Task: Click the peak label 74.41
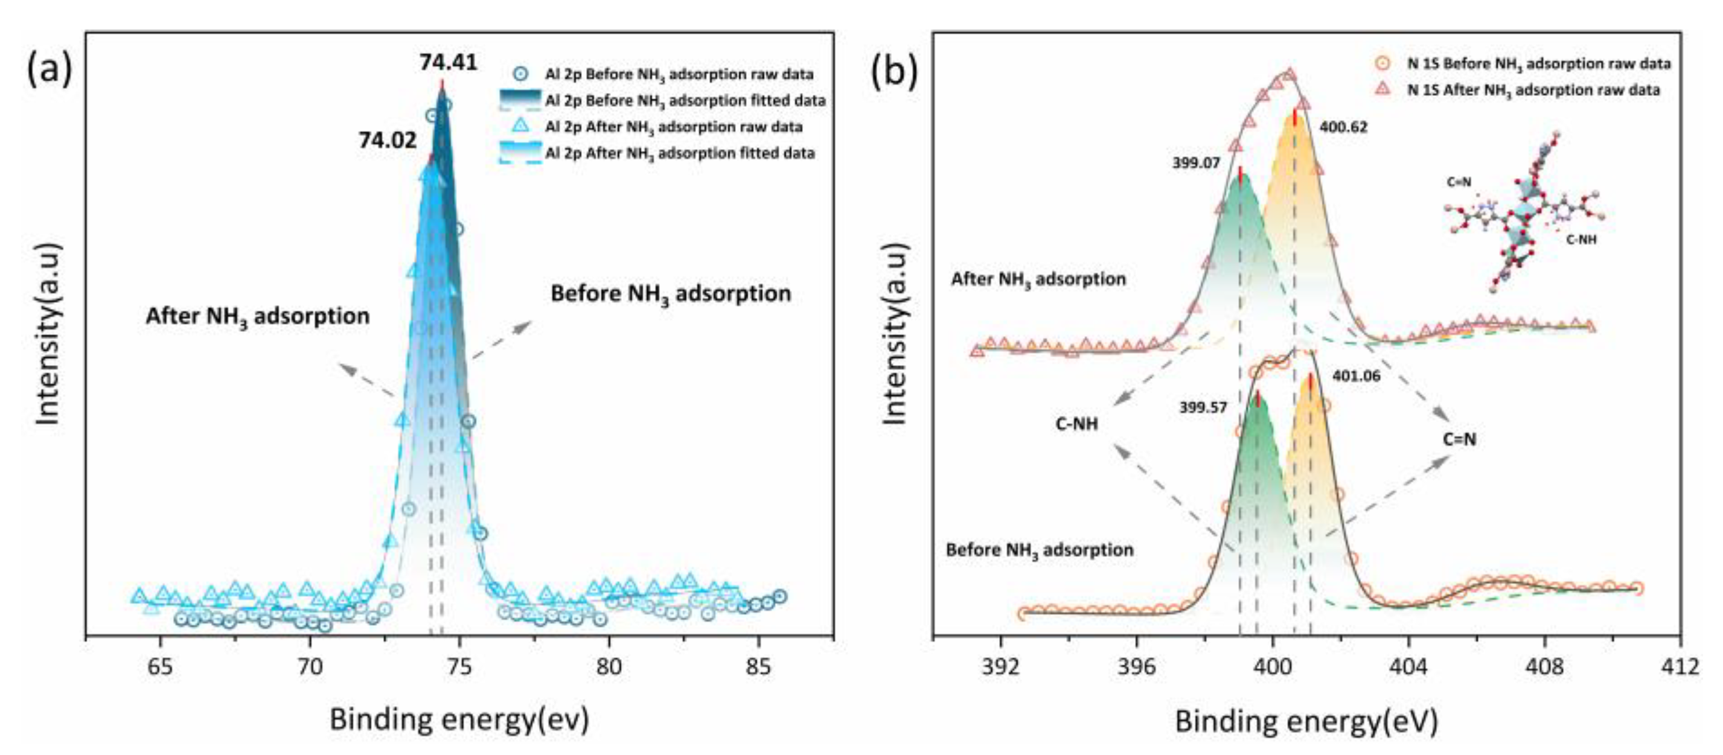click(x=448, y=63)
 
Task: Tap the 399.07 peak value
click(x=1196, y=162)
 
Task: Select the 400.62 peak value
click(x=1343, y=126)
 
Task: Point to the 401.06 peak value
click(x=1356, y=377)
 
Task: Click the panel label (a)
click(x=50, y=69)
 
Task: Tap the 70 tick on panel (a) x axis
click(x=310, y=668)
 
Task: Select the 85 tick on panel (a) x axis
click(x=758, y=668)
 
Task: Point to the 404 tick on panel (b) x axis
click(x=1408, y=668)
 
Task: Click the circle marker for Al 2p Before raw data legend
click(x=522, y=74)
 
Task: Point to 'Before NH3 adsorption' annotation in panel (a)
click(x=670, y=295)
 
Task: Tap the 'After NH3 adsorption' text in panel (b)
click(x=1038, y=279)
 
